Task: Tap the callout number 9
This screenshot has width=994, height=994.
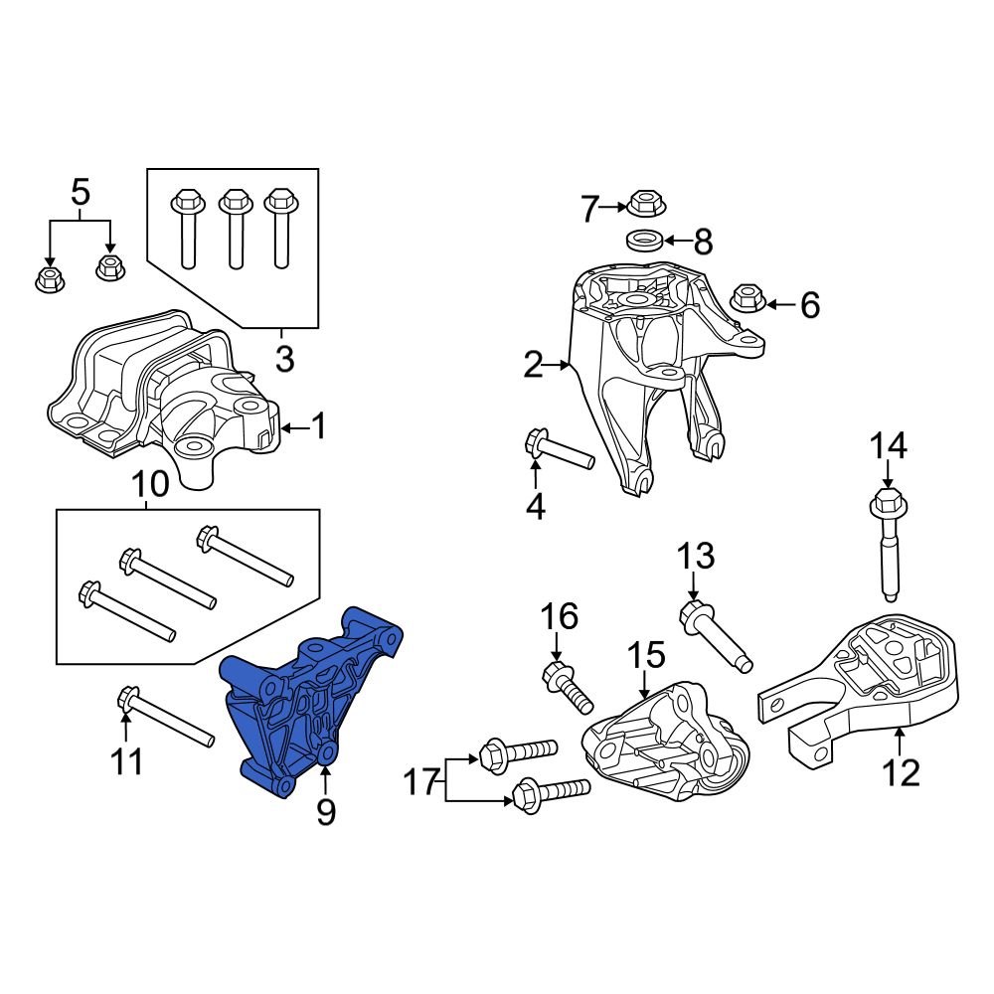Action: (x=326, y=812)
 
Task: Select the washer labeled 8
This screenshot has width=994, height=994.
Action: (x=644, y=240)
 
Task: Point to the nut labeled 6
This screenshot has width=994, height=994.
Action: (x=746, y=297)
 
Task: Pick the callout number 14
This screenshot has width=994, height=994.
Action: (x=889, y=446)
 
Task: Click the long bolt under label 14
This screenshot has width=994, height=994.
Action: (x=888, y=547)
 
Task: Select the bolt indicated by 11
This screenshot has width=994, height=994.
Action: (x=164, y=717)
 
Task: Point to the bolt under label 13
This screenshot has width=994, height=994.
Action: (x=716, y=633)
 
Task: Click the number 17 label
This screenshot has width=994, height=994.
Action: (x=421, y=782)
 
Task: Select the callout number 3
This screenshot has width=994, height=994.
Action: (x=284, y=359)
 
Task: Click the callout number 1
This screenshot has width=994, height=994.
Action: (x=318, y=427)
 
